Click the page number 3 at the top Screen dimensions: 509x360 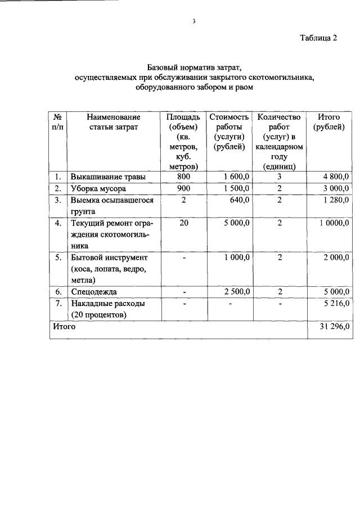coord(193,22)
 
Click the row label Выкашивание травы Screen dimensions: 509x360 coord(108,177)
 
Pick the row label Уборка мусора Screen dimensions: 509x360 coord(98,188)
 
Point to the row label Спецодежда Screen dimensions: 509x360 coord(94,292)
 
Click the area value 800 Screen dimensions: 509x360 coord(183,177)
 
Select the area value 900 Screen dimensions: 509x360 coord(183,188)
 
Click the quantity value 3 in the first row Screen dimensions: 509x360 coord(279,177)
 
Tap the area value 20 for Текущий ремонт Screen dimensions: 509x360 coord(183,223)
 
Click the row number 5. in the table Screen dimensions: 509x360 coord(57,258)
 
